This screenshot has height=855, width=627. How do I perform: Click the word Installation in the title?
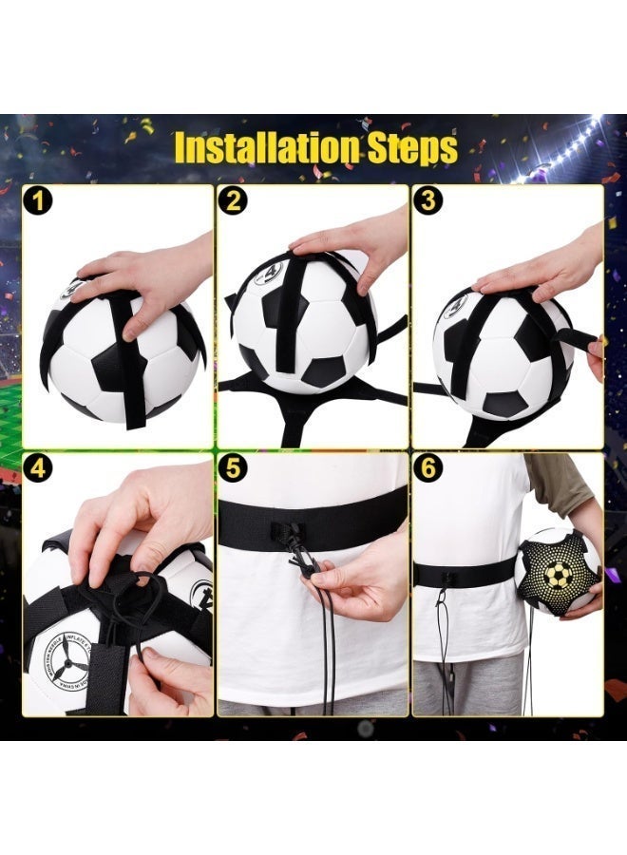(x=256, y=148)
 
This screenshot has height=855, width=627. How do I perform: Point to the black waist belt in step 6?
(x=465, y=572)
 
